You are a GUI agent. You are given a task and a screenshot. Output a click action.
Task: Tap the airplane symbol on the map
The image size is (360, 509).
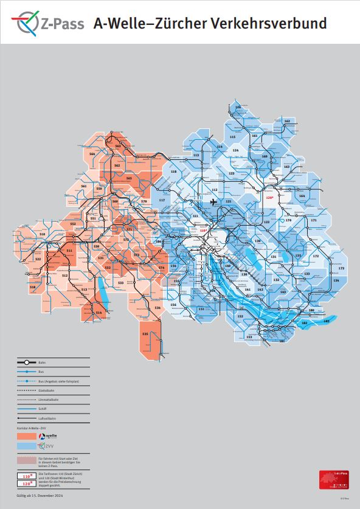tap(213, 201)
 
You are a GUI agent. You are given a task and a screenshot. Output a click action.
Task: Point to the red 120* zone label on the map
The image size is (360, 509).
tap(270, 197)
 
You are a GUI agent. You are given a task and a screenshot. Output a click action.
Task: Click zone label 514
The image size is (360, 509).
tap(99, 313)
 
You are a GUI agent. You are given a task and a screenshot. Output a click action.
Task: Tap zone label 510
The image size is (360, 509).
tap(43, 234)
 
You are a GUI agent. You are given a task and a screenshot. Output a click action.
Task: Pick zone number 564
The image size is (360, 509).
tap(92, 154)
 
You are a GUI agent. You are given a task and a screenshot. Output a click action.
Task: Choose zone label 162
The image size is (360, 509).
tap(287, 122)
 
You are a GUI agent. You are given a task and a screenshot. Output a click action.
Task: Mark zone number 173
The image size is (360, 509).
tap(341, 268)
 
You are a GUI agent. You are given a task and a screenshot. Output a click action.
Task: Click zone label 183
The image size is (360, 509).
tap(327, 320)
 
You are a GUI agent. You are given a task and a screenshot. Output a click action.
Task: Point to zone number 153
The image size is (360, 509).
tap(249, 336)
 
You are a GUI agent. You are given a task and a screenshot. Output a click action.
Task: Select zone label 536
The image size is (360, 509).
tap(157, 308)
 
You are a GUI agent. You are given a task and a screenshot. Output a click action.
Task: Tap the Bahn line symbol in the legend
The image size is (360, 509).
tap(27, 362)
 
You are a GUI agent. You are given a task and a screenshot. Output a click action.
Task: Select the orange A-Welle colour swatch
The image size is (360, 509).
tap(27, 437)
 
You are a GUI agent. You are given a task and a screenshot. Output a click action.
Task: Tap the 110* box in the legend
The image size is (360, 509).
tap(27, 476)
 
